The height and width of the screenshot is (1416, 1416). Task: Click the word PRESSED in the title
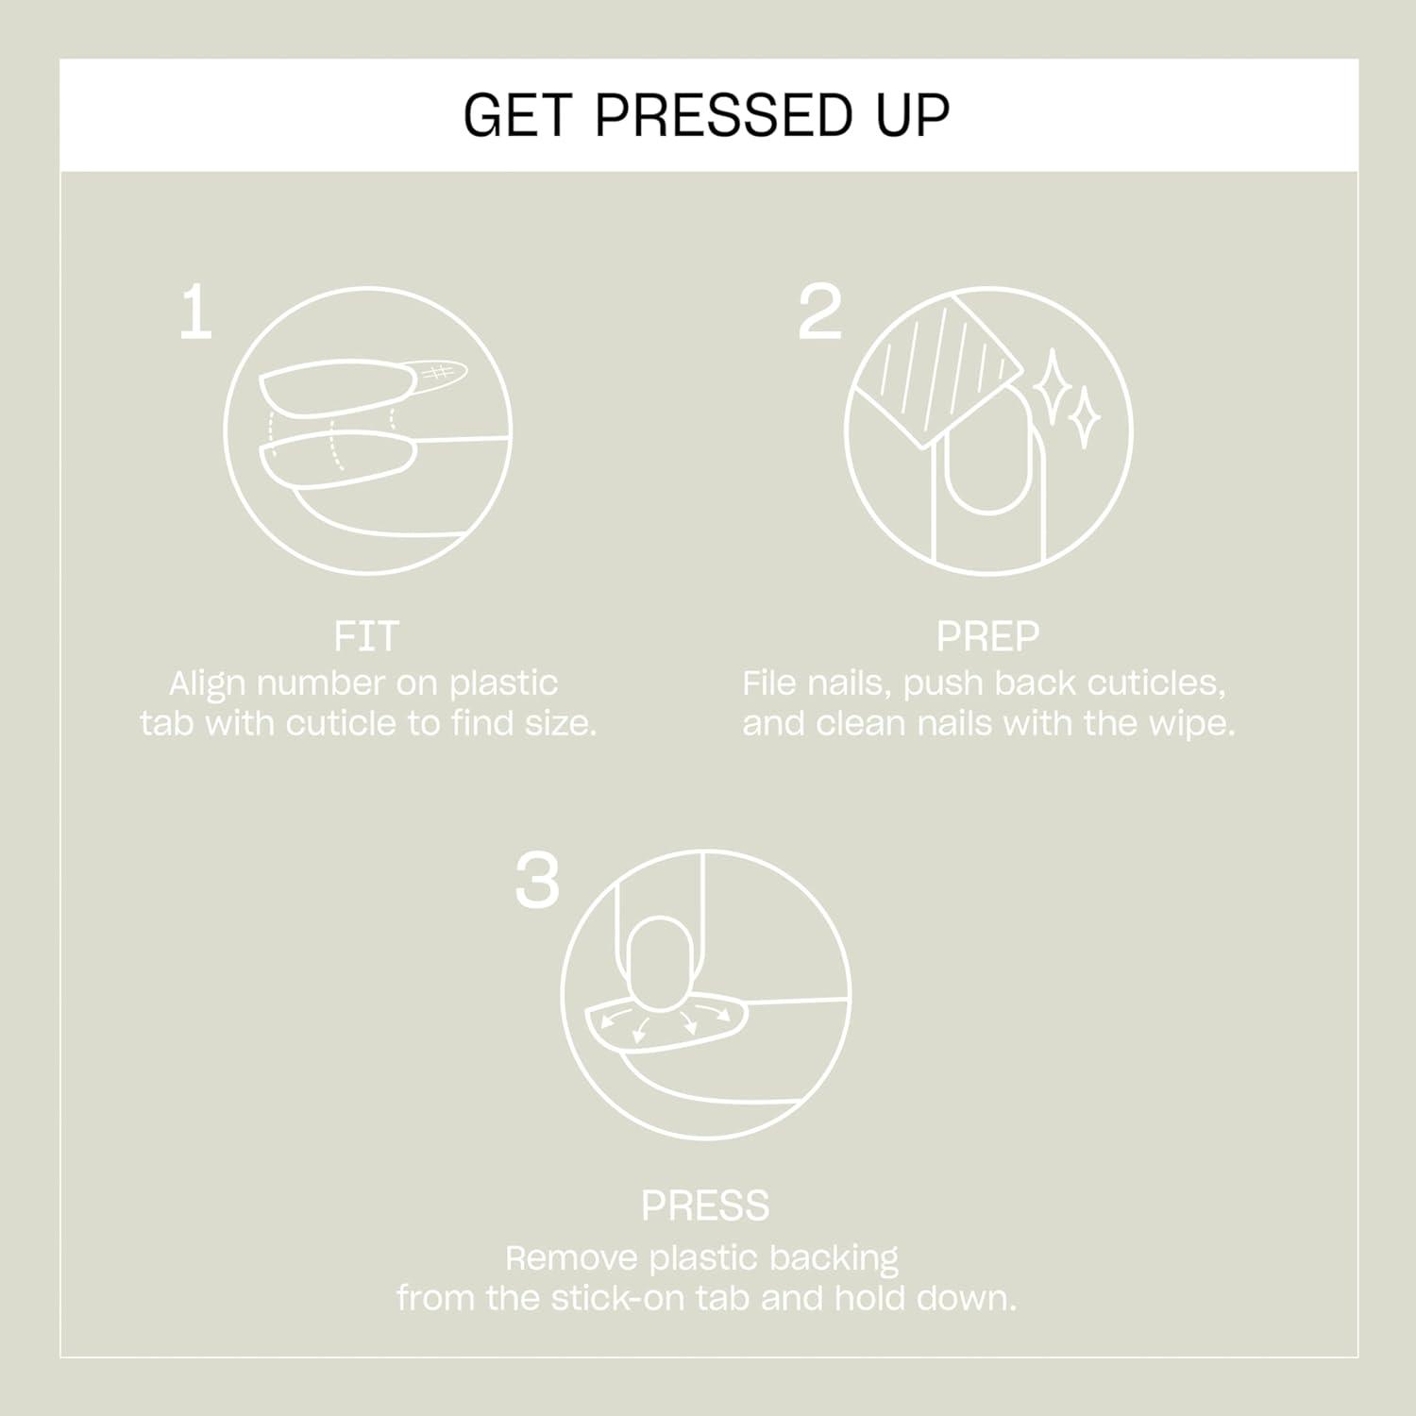coord(723,115)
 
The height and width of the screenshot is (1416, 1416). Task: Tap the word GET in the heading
coord(517,115)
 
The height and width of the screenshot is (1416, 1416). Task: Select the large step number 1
coord(195,313)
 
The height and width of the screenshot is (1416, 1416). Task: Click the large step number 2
coord(819,313)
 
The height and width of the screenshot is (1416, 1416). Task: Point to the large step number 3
coord(537,882)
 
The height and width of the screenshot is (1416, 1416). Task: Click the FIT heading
coord(366,636)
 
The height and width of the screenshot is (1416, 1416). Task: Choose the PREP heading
coord(987,636)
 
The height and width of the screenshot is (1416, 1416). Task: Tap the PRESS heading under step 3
coord(705,1205)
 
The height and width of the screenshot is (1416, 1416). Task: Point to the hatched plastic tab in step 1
coord(438,374)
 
